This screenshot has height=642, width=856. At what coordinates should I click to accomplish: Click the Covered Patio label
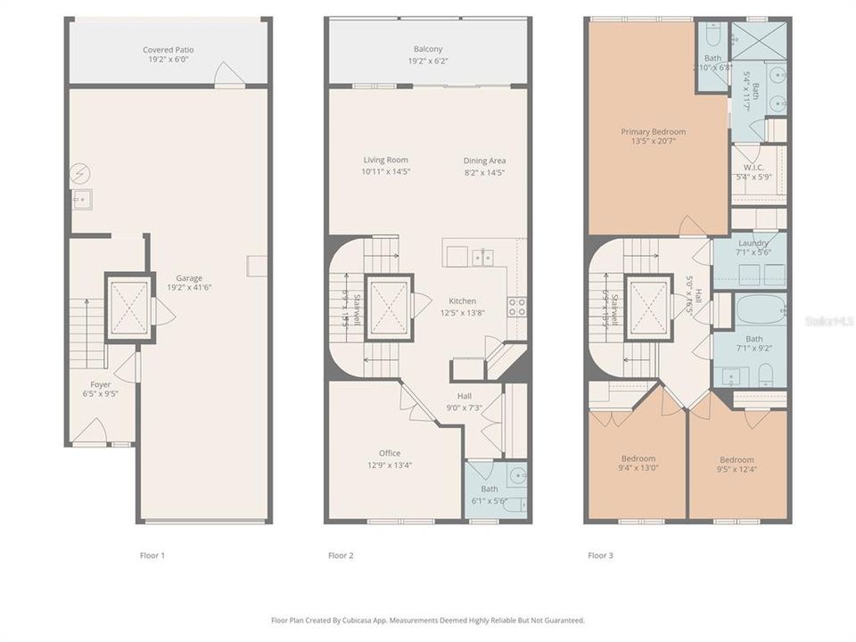(169, 50)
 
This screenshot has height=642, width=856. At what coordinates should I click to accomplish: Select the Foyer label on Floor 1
(101, 384)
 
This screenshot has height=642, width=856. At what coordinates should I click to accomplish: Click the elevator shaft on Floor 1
(128, 306)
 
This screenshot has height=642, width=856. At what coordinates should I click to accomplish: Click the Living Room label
(385, 160)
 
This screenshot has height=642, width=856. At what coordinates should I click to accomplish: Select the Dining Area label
(484, 160)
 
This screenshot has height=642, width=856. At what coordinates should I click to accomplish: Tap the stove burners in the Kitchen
(516, 307)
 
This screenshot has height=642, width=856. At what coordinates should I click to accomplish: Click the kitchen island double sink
(482, 258)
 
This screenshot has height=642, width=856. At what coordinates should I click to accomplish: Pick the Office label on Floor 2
(389, 453)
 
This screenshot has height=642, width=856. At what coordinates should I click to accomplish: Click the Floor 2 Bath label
(489, 489)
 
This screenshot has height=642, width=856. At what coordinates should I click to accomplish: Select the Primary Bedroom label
(653, 132)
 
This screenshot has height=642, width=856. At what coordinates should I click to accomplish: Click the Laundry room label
(753, 243)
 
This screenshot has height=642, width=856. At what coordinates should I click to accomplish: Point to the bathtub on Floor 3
(760, 311)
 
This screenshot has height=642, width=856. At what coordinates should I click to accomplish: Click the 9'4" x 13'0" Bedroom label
(638, 458)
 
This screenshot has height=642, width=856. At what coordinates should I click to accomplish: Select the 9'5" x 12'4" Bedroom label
(737, 460)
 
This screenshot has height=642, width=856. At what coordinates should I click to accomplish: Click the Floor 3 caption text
(600, 556)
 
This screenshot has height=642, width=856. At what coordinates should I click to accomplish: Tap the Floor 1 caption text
(152, 556)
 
